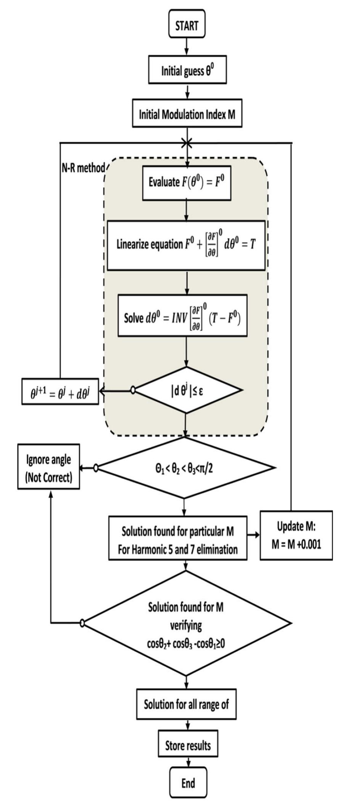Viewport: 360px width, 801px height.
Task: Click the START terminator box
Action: point(187,26)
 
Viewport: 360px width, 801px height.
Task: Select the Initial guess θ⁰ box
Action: point(187,71)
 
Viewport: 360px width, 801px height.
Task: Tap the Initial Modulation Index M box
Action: point(187,114)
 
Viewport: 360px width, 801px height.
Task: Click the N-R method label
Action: point(83,168)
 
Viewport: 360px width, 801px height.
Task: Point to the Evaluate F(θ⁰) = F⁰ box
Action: point(187,182)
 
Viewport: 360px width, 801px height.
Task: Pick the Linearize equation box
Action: point(186,245)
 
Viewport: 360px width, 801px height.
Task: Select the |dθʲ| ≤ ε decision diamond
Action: point(187,390)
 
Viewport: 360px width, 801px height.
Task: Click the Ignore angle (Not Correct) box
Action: point(48,467)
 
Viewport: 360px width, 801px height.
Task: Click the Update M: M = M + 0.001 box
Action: point(296,536)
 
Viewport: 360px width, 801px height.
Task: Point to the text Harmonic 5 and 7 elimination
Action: point(178,550)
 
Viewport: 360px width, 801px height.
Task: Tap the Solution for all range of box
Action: point(186,704)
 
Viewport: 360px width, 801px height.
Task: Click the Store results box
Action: point(188,745)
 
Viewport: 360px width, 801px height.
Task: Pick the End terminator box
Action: point(188,783)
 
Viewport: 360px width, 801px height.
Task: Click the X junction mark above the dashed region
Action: point(186,143)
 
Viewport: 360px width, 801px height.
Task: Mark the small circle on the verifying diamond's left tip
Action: point(82,623)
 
